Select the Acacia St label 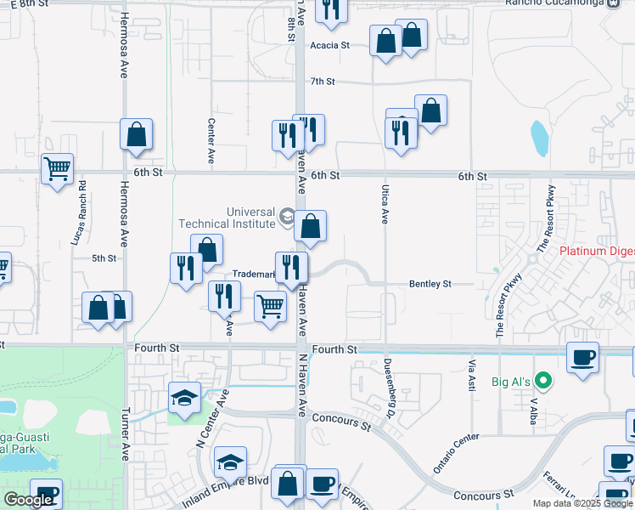pyautogui.click(x=329, y=46)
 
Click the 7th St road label pyautogui.click(x=323, y=82)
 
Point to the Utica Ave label pyautogui.click(x=384, y=206)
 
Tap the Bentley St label pyautogui.click(x=429, y=283)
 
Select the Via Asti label pyautogui.click(x=471, y=374)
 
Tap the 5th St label pyautogui.click(x=103, y=258)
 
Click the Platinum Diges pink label pyautogui.click(x=597, y=252)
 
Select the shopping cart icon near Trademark pyautogui.click(x=270, y=304)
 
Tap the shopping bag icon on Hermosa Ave pyautogui.click(x=136, y=133)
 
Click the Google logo pyautogui.click(x=28, y=500)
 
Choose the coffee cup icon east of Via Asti pyautogui.click(x=582, y=357)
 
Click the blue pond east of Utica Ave pyautogui.click(x=539, y=134)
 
